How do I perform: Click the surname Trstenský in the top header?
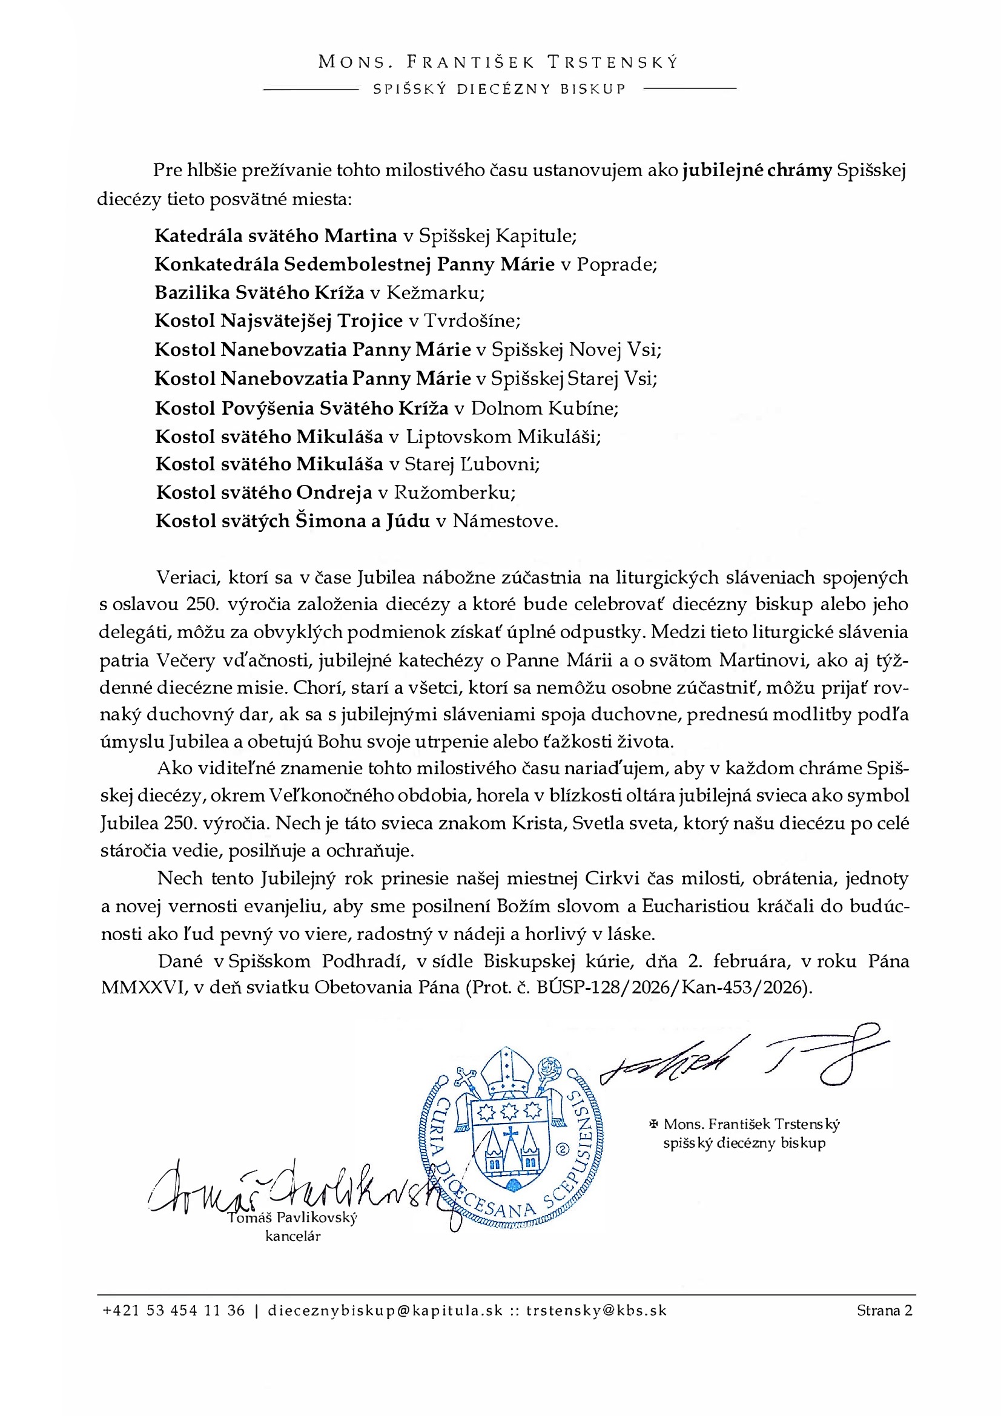612,62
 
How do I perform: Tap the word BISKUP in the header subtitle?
593,89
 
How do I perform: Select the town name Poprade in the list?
616,264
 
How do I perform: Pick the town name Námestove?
505,521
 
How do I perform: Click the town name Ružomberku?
455,492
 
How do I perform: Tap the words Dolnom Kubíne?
544,407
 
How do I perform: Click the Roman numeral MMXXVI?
144,987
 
